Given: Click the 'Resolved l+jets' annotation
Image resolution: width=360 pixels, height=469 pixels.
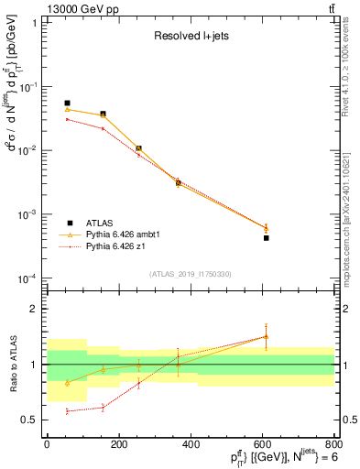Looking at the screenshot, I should (x=191, y=38).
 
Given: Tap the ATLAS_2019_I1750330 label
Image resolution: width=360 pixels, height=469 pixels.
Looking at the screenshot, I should (x=191, y=273).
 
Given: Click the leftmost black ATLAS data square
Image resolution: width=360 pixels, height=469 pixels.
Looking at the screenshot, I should (x=67, y=104).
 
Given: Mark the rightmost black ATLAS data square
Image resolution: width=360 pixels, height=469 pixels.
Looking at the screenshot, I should (x=267, y=237).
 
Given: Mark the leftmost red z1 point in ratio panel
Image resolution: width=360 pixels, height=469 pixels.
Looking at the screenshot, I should (x=67, y=411).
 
